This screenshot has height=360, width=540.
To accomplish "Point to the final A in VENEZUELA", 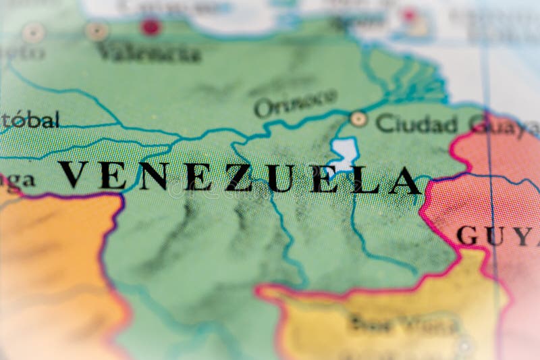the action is pyautogui.click(x=404, y=180).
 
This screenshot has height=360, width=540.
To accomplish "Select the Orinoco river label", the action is pyautogui.click(x=295, y=103).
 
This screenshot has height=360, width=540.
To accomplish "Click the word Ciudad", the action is pyautogui.click(x=416, y=123).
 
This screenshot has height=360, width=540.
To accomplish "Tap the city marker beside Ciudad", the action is pyautogui.click(x=358, y=119).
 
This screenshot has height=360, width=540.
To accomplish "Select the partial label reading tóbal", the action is pyautogui.click(x=30, y=120).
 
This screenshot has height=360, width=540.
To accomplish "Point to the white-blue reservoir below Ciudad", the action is pyautogui.click(x=344, y=153).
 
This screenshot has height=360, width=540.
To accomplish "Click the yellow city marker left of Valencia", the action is pyautogui.click(x=97, y=30).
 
